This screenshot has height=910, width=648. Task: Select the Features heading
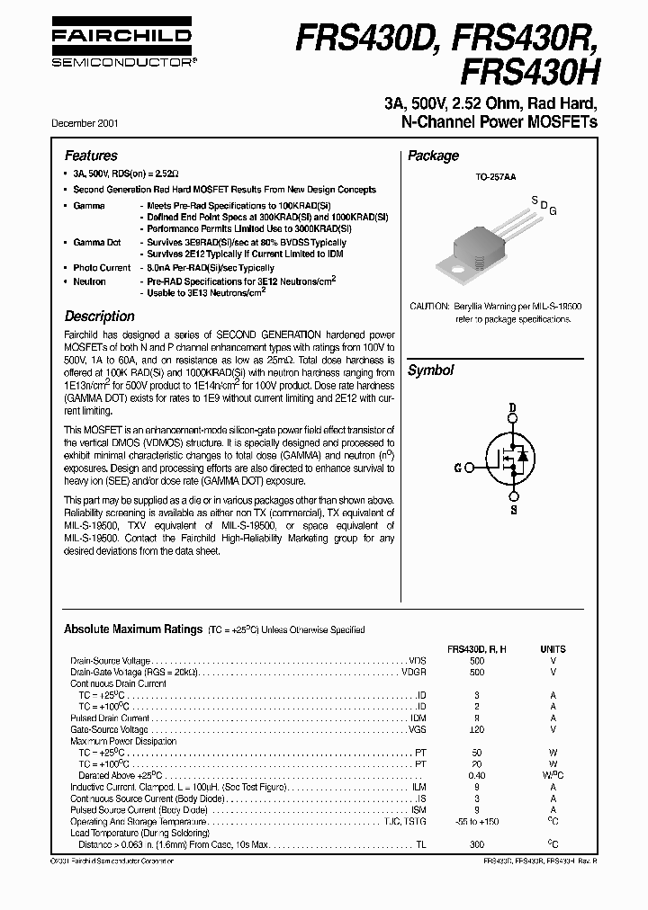[x=91, y=156]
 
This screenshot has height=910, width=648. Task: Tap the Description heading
[x=99, y=317]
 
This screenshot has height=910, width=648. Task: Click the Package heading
[x=433, y=156]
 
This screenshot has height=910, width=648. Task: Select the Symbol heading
[x=430, y=370]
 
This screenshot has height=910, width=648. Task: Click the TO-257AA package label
[x=495, y=178]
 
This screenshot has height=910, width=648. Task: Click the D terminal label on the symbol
[x=513, y=407]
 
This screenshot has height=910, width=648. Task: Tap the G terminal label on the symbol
[x=458, y=468]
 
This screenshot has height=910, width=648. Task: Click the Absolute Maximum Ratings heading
[x=133, y=629]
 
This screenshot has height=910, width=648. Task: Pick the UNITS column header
[x=553, y=647]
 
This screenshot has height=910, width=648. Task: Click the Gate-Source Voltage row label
[x=111, y=729]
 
